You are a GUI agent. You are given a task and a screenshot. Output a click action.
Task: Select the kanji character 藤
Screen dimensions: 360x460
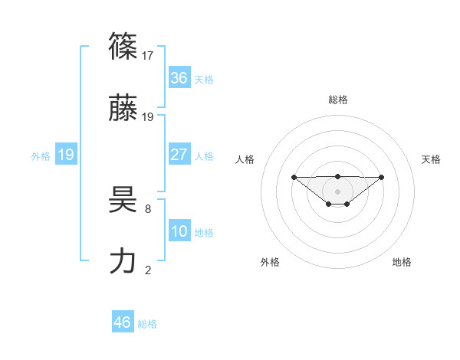coord(123,109)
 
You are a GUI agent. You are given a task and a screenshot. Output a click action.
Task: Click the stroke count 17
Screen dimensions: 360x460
coord(149,55)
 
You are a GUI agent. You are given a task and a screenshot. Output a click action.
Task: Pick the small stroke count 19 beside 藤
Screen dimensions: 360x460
coord(149,116)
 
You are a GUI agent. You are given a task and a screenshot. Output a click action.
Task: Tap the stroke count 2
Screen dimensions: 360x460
coord(147,270)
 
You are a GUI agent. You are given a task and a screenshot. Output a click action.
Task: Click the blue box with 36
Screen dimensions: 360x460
coord(179,78)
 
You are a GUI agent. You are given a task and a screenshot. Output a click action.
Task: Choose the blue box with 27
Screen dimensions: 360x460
coord(179,155)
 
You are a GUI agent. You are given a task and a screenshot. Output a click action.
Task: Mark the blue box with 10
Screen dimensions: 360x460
coord(179,231)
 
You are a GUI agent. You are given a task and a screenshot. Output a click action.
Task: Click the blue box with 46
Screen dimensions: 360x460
coord(123,322)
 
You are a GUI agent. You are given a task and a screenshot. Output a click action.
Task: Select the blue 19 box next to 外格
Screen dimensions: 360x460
coord(65,155)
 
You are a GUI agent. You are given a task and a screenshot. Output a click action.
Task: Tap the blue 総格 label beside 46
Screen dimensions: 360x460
coord(147,324)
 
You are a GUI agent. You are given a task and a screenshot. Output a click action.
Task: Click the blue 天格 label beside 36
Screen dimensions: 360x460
coord(204,80)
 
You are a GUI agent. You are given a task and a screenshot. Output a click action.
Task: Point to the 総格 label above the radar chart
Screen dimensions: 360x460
coord(338,100)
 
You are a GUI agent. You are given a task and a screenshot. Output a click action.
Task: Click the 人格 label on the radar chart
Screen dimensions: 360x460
coord(246,159)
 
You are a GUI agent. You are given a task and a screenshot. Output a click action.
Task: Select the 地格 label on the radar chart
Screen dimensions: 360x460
coord(402,262)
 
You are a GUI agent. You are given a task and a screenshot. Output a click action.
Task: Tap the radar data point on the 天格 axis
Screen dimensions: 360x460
coord(382,177)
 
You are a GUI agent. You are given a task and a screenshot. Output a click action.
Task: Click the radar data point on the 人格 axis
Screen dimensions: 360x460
coord(294,177)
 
